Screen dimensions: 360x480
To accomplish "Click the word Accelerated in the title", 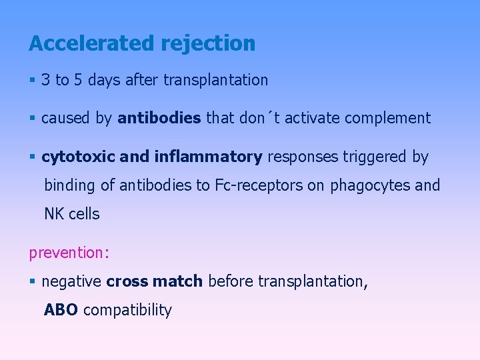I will (x=92, y=43).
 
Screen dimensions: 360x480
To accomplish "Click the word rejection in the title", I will (x=208, y=43).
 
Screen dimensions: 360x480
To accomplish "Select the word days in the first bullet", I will (x=104, y=80).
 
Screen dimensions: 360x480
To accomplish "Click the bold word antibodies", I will (x=159, y=118).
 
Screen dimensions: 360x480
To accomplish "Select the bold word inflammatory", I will (x=208, y=157).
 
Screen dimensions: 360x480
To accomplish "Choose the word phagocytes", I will (x=369, y=185).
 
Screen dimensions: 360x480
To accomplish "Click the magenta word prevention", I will (x=63, y=253).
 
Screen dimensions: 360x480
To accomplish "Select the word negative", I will (x=71, y=281).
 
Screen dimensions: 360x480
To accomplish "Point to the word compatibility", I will (x=127, y=310).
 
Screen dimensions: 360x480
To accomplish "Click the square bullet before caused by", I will (x=33, y=119).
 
